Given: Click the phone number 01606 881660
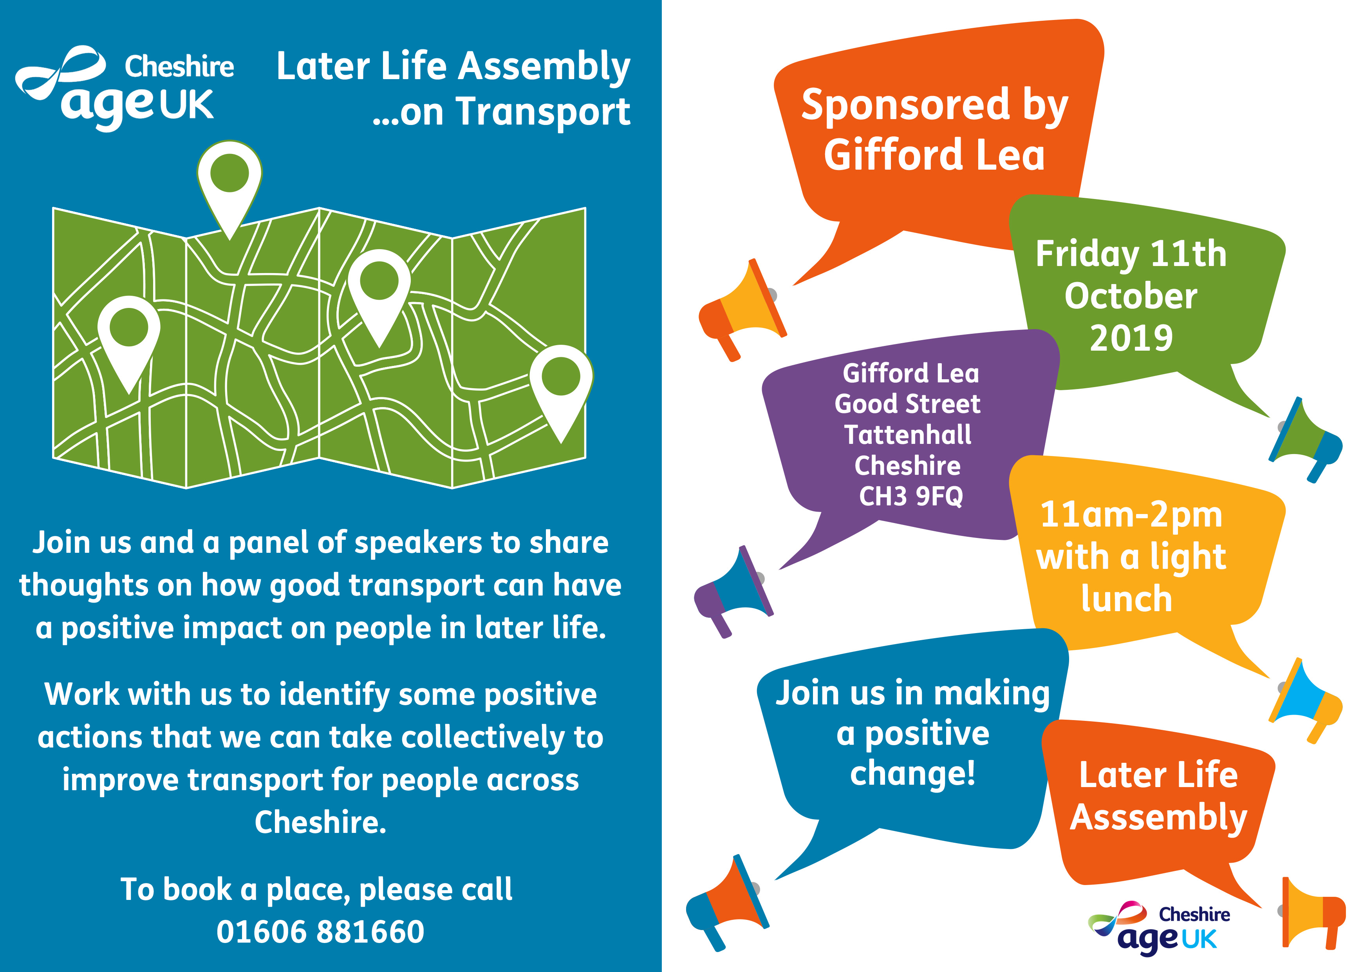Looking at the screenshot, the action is point(320,931).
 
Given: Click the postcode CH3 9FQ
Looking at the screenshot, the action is point(911,496).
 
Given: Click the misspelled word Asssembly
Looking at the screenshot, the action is point(1158,818).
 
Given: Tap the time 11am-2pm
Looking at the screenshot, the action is point(1131,515).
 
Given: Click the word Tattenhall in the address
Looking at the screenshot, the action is point(908,434).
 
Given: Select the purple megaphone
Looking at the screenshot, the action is point(733,591).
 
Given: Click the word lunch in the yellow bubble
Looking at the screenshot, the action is point(1127,599).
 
